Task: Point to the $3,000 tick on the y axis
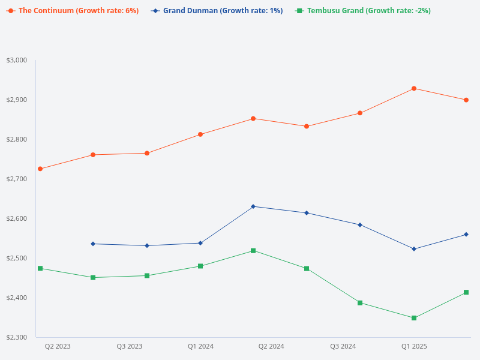click(x=17, y=60)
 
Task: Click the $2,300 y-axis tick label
click(x=17, y=337)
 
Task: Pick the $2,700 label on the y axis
click(x=17, y=179)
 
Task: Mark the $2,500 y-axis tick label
click(x=17, y=258)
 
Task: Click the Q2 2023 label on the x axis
click(x=58, y=346)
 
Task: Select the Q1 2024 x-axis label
click(x=200, y=346)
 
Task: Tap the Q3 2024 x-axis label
click(x=343, y=346)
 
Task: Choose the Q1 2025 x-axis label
click(x=414, y=346)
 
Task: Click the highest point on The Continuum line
click(x=414, y=89)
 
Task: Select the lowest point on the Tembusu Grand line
click(x=414, y=318)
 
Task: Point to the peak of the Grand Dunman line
click(x=253, y=206)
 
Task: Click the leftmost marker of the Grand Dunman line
click(x=93, y=244)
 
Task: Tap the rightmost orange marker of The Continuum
click(x=466, y=100)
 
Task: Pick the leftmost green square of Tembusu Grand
click(x=40, y=268)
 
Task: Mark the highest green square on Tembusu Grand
click(x=253, y=251)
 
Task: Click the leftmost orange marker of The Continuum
click(x=40, y=169)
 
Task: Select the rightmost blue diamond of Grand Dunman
click(x=466, y=235)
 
